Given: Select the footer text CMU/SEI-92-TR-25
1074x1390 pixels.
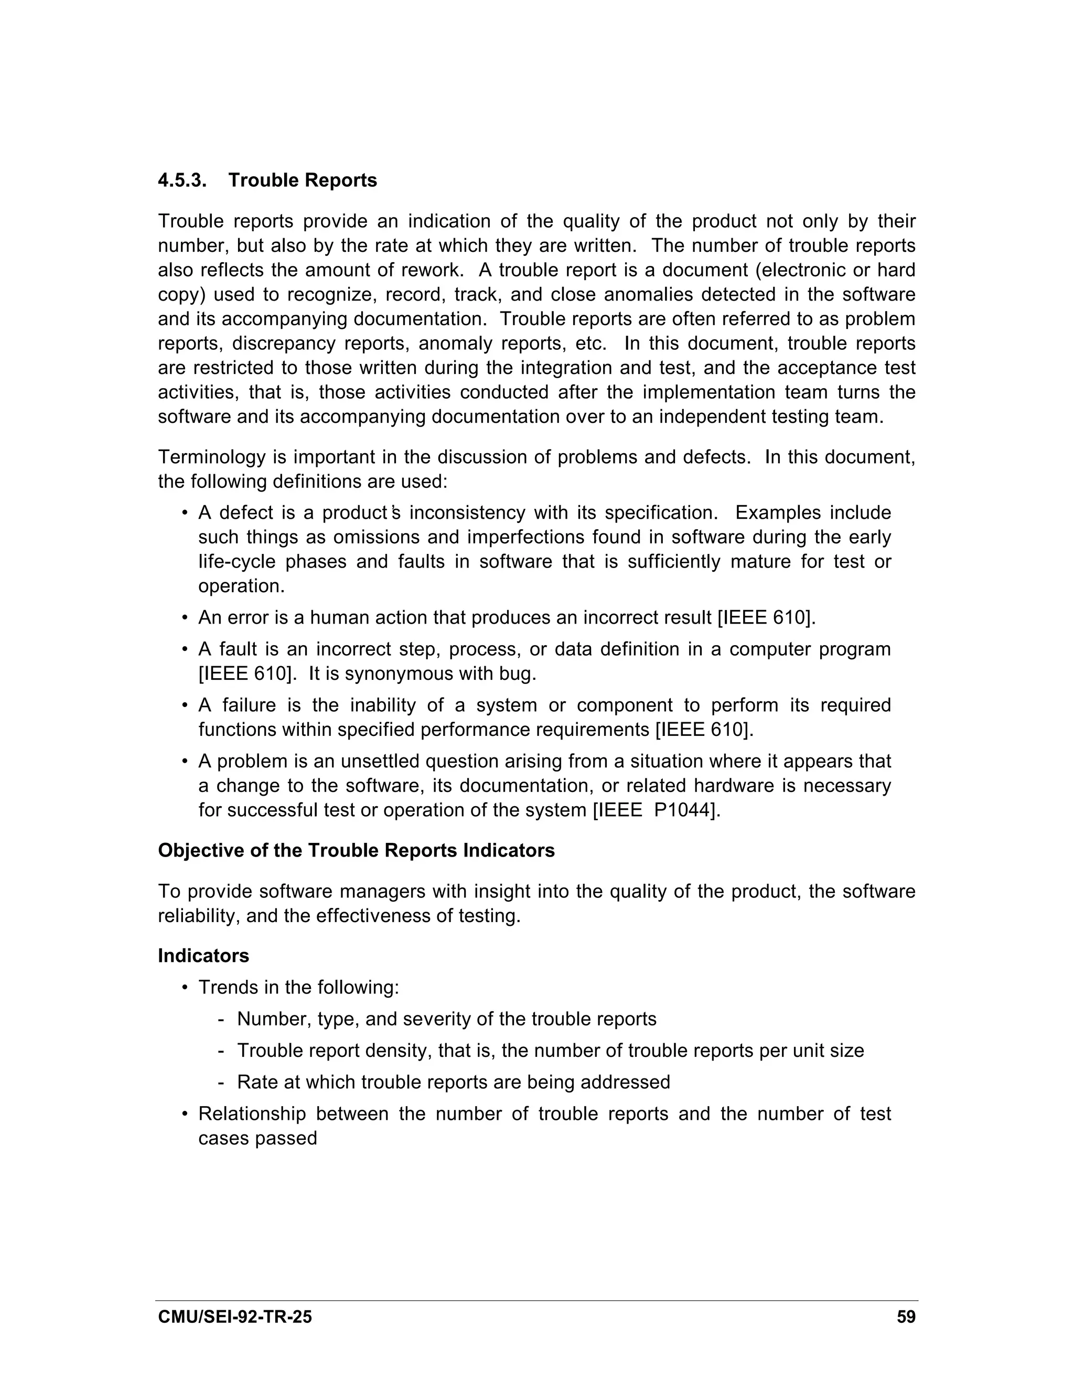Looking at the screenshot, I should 235,1317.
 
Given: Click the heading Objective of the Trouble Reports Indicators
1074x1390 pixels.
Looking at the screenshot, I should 356,850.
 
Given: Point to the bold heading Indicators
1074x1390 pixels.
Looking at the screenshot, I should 203,955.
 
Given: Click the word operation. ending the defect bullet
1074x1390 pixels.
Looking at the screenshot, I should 241,585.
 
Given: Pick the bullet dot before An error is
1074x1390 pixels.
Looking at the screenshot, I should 185,618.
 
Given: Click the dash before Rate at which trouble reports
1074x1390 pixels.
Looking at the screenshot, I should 220,1083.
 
